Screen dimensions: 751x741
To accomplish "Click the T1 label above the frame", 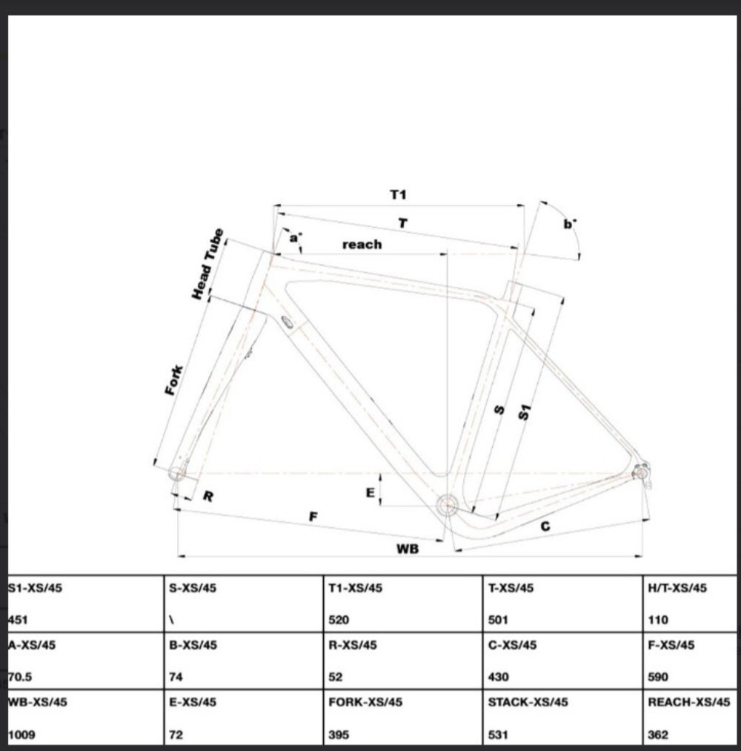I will pos(399,195).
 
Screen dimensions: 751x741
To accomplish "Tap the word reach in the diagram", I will pos(362,244).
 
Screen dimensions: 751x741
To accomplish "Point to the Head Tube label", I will pos(207,265).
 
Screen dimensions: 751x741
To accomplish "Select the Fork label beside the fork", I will pos(174,380).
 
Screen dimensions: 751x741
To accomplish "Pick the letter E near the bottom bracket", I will pos(370,492).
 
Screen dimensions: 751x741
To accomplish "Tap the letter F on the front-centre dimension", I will pos(313,517).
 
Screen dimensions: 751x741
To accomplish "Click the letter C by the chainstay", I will pos(545,526).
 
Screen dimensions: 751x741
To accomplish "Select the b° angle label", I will pos(569,223).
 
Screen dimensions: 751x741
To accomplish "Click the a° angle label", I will pos(295,238).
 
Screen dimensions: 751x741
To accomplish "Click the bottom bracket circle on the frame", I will pos(447,506).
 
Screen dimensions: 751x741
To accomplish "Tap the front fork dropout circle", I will pos(178,472).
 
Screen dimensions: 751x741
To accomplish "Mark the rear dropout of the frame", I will pos(640,472).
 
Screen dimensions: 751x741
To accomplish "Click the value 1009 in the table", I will pos(21,735).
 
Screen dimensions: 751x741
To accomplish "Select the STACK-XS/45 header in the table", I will pos(528,702).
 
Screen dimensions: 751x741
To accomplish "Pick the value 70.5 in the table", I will pos(20,677).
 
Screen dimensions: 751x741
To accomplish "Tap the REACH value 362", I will pos(658,735).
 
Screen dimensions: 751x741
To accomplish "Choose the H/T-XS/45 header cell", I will pos(677,588).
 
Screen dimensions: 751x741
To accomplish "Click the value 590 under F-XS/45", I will pos(658,677).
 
